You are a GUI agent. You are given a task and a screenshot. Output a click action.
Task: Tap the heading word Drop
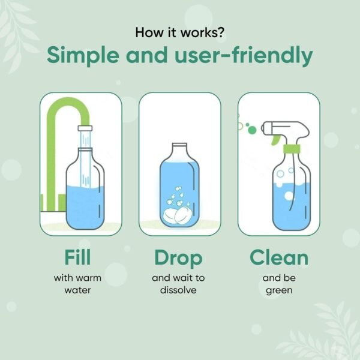click(x=178, y=258)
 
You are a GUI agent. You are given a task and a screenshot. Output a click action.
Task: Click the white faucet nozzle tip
click(x=84, y=128)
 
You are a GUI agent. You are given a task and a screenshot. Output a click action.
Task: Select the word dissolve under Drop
click(x=179, y=290)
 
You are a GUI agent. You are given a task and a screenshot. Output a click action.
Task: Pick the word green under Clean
click(x=279, y=290)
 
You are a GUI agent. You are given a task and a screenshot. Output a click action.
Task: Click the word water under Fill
click(x=77, y=290)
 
